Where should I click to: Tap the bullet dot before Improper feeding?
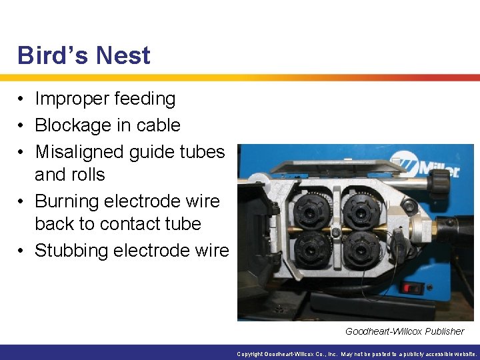pyautogui.click(x=22, y=99)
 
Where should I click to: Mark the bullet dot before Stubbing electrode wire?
pyautogui.click(x=22, y=251)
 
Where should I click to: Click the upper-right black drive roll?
pyautogui.click(x=361, y=212)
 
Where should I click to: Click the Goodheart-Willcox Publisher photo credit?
pyautogui.click(x=405, y=331)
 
